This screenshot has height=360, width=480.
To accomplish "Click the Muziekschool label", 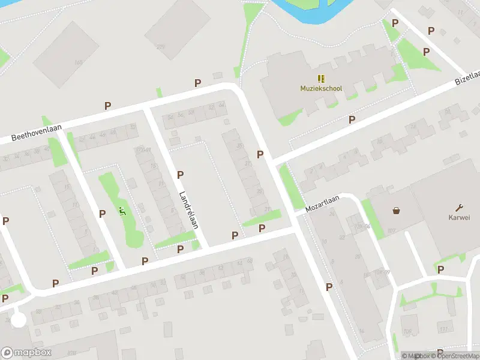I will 321,89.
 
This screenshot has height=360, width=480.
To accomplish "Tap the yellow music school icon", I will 321,78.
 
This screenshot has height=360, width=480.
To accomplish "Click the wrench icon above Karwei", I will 460,208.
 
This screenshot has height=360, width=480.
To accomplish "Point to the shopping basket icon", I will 396,211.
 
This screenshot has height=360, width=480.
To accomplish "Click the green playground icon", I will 122,211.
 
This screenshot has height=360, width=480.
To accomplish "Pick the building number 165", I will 78,62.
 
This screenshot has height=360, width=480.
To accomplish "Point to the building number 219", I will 160,47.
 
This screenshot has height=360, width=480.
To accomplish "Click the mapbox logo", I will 26,353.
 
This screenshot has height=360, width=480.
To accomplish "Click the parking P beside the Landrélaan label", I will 180,175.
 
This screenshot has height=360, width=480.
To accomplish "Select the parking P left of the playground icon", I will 102,213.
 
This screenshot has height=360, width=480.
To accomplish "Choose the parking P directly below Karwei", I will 440,270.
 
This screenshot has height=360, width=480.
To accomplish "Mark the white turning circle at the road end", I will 19,319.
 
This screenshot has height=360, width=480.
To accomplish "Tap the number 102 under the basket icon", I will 392,230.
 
